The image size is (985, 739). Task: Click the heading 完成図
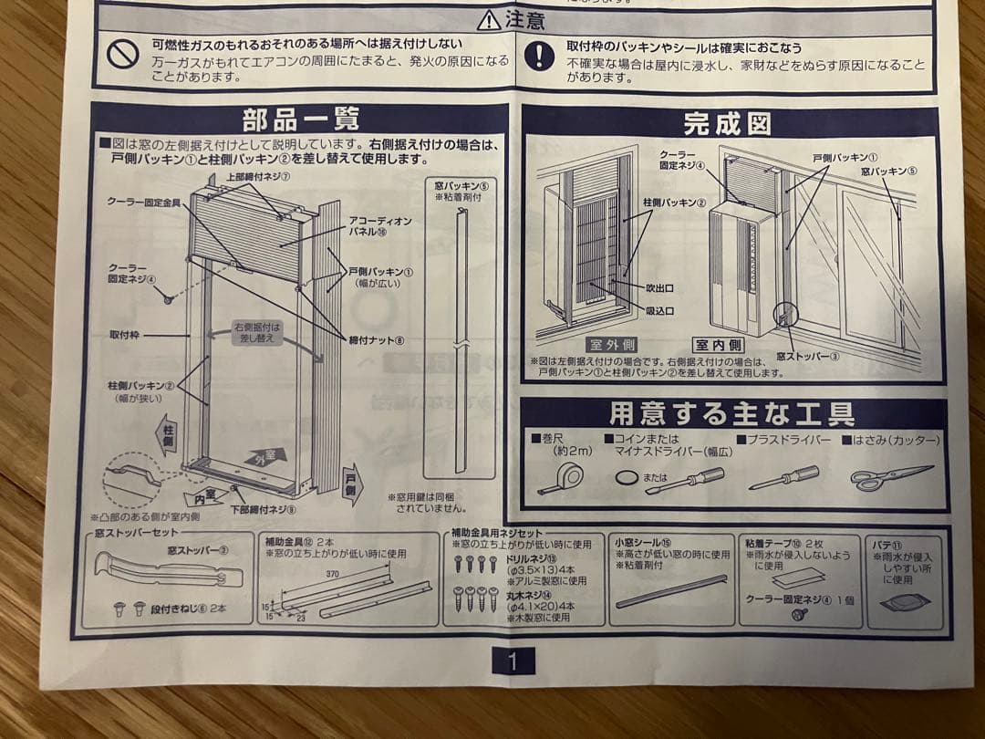tap(727, 123)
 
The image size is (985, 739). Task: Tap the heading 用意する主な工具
tap(731, 414)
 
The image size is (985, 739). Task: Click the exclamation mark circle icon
tap(541, 56)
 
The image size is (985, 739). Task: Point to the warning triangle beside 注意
tap(489, 19)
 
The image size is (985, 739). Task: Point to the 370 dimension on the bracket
tap(332, 574)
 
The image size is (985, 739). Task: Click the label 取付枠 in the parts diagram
tap(123, 335)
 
